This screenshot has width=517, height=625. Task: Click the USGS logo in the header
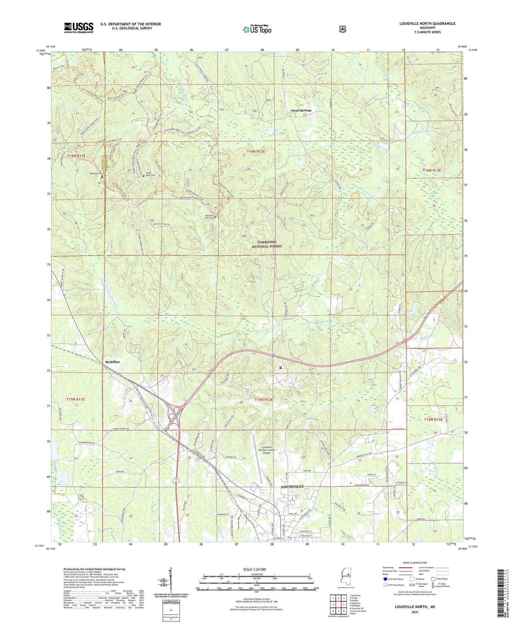click(x=79, y=27)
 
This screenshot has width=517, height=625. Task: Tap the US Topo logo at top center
click(x=257, y=29)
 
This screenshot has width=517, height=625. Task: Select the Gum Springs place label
click(x=301, y=111)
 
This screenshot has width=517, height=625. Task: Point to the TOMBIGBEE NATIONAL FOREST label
click(x=267, y=244)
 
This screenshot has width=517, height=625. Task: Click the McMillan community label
click(x=112, y=362)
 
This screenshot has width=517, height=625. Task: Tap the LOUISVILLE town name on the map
click(x=292, y=486)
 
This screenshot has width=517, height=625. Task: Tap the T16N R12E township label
click(x=256, y=151)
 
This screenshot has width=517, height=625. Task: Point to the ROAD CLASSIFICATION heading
click(x=415, y=563)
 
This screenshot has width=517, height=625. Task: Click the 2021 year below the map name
click(x=415, y=612)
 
